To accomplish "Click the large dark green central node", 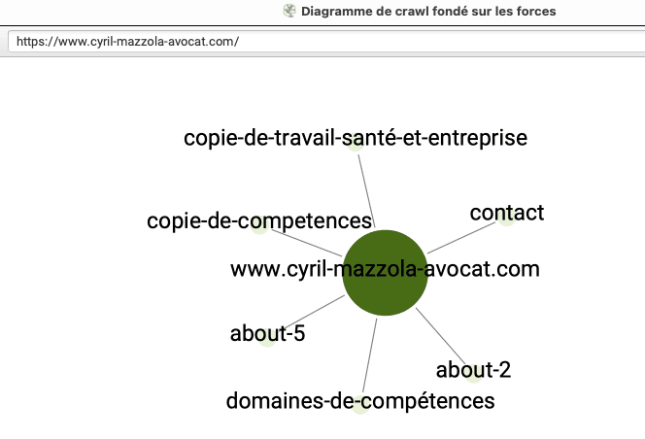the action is click(x=385, y=273).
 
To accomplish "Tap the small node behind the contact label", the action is click(x=507, y=217).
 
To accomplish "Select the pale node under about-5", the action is click(x=267, y=337).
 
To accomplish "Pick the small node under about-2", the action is click(x=473, y=374).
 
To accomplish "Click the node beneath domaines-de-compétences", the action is click(x=360, y=404).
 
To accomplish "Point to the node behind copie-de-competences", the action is click(x=259, y=224).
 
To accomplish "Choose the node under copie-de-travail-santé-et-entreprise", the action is click(x=356, y=142).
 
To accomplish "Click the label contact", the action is click(x=507, y=213).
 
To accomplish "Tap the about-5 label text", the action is click(x=267, y=333).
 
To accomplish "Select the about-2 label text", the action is click(x=473, y=370).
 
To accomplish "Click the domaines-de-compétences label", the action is click(x=360, y=401).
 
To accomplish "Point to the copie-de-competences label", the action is click(x=259, y=220).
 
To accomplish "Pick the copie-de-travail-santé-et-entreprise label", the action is click(x=356, y=138).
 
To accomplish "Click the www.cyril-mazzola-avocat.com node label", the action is click(x=385, y=269).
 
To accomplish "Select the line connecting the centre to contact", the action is click(x=461, y=238).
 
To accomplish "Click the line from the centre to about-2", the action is click(x=441, y=337).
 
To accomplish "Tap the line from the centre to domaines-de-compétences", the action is click(x=369, y=355).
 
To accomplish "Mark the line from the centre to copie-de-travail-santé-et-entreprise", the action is click(x=366, y=191).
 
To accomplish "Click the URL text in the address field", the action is click(x=127, y=42).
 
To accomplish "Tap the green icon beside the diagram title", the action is click(x=289, y=11).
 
